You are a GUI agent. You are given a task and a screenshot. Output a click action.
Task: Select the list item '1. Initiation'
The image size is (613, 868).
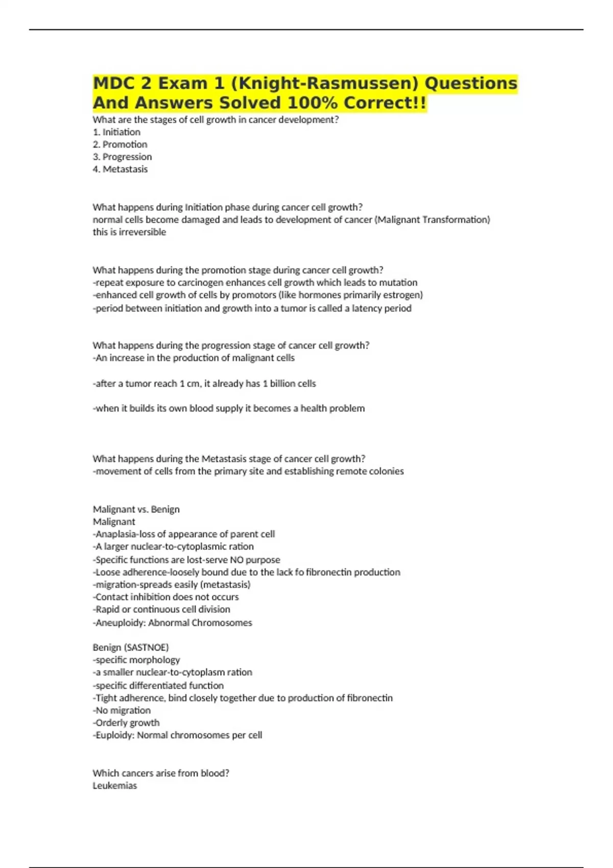pos(116,132)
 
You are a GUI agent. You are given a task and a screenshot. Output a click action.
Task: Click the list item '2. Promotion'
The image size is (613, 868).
pos(120,144)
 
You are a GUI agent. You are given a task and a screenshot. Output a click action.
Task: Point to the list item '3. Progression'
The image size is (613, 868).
pos(122,157)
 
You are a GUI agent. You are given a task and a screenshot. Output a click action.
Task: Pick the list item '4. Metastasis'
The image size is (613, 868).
pos(120,169)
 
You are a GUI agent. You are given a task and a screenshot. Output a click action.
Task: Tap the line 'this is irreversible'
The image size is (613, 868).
pos(129,232)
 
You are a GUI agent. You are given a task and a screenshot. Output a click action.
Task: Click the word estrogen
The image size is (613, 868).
pos(403,295)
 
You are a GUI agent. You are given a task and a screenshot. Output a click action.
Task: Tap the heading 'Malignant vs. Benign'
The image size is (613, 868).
pos(136,509)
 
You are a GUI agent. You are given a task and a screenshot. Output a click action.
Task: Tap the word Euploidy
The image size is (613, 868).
pos(115,735)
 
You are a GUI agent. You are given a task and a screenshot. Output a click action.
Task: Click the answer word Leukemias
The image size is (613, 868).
pos(115,786)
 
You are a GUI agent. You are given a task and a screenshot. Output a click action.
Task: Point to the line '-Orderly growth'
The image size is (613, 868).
pos(126,722)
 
